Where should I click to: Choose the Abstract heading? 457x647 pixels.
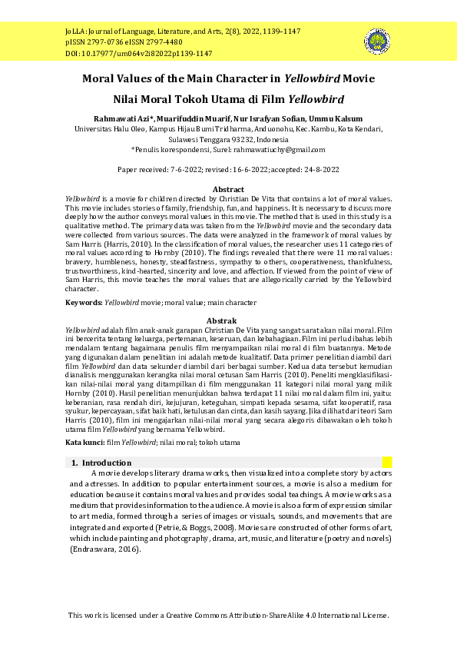tap(228, 189)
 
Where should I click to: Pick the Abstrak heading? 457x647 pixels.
tap(228, 320)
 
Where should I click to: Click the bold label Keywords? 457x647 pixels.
tap(83, 303)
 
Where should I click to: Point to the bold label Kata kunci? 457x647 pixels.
tap(85, 443)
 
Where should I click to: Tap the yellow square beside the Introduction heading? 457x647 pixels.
tap(387, 463)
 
